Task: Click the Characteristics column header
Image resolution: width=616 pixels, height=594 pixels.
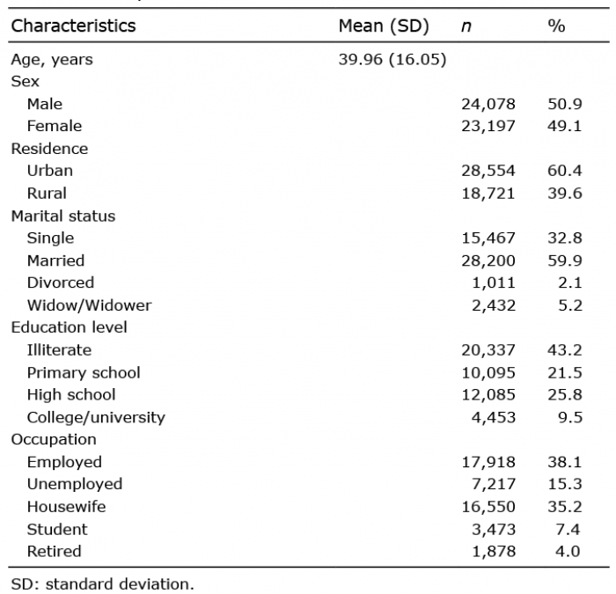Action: coord(73,26)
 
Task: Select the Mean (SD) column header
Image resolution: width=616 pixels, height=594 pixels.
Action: coord(384,26)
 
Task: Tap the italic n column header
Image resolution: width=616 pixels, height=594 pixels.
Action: coord(466,26)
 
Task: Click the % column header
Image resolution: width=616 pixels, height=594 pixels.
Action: coord(556,26)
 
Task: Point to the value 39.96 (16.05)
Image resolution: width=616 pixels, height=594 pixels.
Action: coord(392,59)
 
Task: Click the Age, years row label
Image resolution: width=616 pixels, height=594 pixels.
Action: coord(52,60)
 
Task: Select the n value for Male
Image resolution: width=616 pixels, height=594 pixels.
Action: coord(488,104)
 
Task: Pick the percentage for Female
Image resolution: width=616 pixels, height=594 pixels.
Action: coord(565,126)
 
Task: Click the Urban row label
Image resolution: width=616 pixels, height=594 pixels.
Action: coord(50,171)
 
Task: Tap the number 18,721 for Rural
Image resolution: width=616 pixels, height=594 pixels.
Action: coord(488,194)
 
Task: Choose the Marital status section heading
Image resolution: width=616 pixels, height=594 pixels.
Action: coord(63,216)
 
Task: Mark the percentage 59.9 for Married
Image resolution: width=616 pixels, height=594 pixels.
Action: coord(565,260)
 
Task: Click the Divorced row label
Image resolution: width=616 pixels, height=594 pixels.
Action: coord(61,282)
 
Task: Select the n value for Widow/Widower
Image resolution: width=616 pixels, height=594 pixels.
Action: coord(494,305)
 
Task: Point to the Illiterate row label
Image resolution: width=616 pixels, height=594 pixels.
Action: coord(59,349)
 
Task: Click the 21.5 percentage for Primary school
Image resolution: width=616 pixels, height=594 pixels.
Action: coord(565,372)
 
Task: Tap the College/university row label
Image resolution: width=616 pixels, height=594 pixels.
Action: coord(96,417)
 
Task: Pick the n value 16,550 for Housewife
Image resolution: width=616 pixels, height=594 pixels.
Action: coord(488,507)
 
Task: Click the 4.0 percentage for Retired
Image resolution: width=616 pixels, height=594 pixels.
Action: coord(568,552)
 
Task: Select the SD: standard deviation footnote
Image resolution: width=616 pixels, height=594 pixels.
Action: coord(103,583)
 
